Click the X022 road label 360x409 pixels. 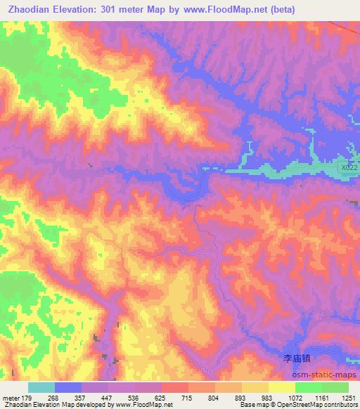348,168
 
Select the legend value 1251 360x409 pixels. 349,397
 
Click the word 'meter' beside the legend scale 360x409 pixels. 11,397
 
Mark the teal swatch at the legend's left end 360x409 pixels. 41,387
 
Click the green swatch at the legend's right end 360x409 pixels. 335,387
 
